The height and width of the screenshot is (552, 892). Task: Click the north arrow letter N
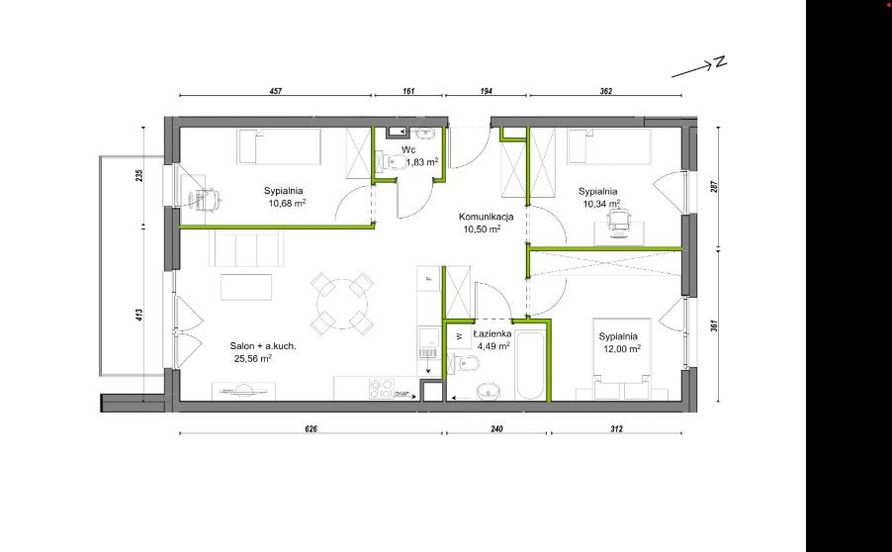point(721,61)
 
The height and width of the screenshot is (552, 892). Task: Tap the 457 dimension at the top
point(276,91)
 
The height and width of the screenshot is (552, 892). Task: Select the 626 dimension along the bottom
point(311,428)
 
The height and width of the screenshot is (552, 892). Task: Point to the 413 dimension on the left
point(139,315)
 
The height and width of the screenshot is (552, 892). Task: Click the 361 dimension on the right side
point(714,325)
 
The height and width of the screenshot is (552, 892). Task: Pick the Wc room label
point(408,150)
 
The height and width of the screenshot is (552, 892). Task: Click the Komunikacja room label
point(487,217)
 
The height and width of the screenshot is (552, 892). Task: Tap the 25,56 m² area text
point(252,358)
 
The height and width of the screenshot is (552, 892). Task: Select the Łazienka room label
point(492,334)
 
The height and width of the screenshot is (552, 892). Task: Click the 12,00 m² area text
point(622,349)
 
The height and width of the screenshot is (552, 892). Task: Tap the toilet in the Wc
point(396,162)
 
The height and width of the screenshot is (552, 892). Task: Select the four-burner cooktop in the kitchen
point(381,388)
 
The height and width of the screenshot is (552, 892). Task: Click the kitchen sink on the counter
point(428,344)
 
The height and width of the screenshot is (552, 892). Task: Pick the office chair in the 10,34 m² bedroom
point(618,222)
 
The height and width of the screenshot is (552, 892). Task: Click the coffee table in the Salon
point(246,287)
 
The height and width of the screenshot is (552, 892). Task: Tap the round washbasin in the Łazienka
point(489,392)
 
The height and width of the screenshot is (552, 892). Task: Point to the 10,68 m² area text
point(288,203)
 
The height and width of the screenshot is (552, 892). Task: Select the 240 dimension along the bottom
point(496,428)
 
